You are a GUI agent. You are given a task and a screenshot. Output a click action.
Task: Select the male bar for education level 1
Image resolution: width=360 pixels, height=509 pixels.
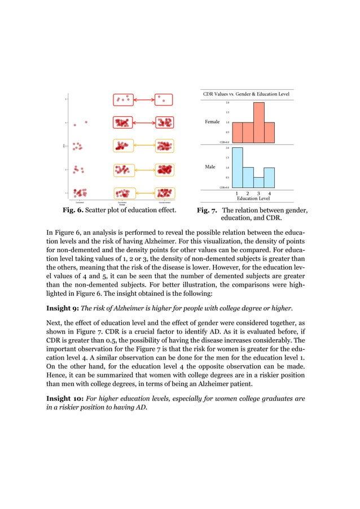click(238, 167)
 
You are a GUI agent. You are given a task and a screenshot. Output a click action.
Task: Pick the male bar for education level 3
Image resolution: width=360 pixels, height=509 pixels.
click(259, 182)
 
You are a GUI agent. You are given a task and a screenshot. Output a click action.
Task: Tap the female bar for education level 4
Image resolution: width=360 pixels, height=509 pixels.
click(270, 132)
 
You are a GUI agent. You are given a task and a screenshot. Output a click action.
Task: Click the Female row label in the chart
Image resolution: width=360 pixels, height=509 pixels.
click(212, 122)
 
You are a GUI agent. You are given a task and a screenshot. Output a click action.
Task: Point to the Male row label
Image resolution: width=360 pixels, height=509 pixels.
click(210, 167)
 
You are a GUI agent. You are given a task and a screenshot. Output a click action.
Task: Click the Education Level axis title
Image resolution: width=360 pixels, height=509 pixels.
click(253, 199)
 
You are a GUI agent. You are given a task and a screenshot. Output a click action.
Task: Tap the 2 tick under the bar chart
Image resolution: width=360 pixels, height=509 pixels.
click(248, 192)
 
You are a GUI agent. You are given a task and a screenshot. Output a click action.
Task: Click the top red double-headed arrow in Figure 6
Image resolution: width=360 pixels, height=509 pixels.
click(144, 100)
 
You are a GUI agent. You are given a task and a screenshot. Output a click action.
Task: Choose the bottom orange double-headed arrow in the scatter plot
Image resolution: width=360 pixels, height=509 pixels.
click(144, 193)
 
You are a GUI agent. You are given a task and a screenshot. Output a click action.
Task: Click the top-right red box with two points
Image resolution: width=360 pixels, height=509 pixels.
click(164, 100)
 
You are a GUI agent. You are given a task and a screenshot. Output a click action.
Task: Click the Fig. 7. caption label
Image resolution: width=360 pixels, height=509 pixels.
click(207, 211)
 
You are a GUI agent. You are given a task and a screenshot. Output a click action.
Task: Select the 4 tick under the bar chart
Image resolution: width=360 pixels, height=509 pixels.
click(270, 192)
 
